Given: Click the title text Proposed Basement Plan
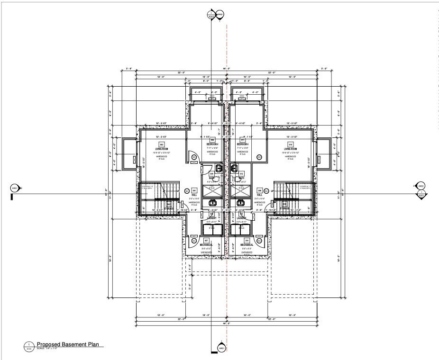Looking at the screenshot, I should [x=67, y=345].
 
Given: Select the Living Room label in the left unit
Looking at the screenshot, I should [x=162, y=149].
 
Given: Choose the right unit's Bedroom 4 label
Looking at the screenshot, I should [x=243, y=144].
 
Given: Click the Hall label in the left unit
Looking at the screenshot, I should [x=194, y=195].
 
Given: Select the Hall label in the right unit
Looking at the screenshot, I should [x=259, y=195].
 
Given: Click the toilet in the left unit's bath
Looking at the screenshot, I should [x=219, y=168].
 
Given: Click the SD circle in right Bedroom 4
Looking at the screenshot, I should [x=259, y=157].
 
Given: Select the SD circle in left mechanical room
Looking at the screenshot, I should [x=193, y=241].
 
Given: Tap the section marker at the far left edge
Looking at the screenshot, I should [x=14, y=188].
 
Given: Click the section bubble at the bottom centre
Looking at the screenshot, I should [x=220, y=348].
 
